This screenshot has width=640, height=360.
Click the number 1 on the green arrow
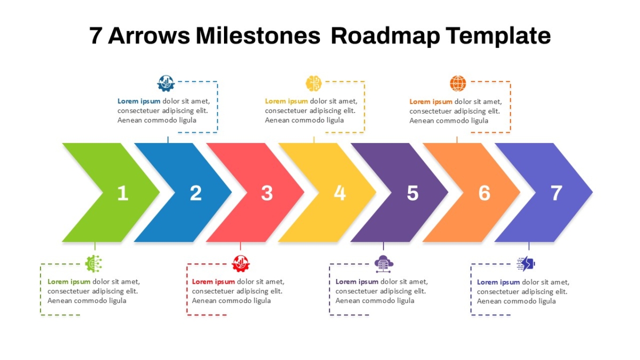coord(123,193)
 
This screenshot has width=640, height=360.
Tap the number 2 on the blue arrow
coord(196,193)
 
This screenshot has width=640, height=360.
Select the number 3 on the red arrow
coord(267,193)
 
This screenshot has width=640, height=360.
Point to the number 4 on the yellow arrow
coord(340,193)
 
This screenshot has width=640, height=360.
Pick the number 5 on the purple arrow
coord(413,193)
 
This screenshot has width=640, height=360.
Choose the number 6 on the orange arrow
coord(485,193)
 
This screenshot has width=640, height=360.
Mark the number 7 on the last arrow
coord(556,193)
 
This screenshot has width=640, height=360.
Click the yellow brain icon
coord(314,83)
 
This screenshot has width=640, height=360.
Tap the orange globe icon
coord(458,83)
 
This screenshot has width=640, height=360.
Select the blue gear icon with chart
coord(166,83)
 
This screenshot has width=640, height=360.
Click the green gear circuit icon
coord(93,263)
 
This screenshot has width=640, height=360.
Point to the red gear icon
coord(241,263)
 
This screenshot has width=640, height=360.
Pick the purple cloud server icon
coord(383,263)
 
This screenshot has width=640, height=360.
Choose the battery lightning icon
coord(526,263)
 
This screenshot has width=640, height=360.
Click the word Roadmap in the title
coord(385,36)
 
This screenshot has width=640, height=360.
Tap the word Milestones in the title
coord(258,36)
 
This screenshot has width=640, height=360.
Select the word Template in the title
coord(498,36)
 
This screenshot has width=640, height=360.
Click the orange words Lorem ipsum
coord(431,102)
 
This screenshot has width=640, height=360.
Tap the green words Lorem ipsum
coord(69,282)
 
